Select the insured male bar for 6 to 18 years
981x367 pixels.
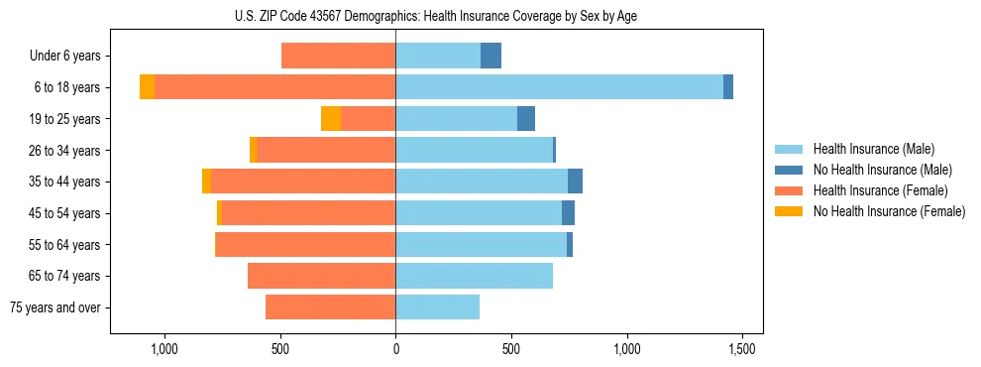point(559,87)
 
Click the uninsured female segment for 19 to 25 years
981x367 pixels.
point(331,119)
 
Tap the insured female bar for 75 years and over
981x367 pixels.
point(330,307)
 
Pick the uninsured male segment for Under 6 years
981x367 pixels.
point(490,56)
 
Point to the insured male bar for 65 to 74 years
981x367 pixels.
point(474,276)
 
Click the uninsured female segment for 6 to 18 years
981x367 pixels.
point(147,87)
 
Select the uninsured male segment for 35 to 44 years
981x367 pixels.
point(575,182)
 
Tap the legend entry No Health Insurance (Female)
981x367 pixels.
point(889,211)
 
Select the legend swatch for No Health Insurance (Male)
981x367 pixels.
point(790,171)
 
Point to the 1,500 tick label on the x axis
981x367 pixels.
point(742,349)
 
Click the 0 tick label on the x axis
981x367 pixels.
point(395,349)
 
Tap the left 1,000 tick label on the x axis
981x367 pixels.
point(163,349)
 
